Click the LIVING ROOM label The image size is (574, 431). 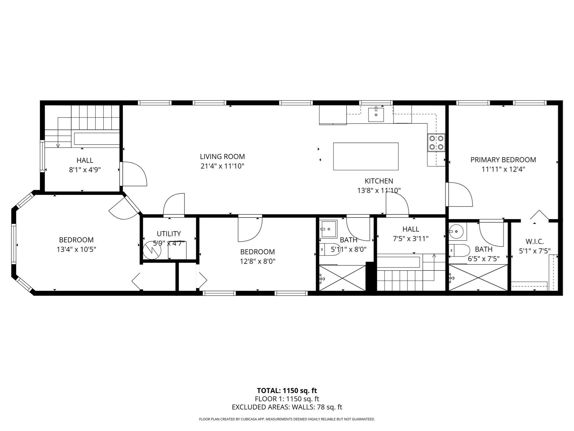pos(222,157)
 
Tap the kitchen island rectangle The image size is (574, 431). pos(365,156)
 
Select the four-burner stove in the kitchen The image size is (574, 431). pos(436,143)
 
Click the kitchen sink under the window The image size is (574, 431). pos(376,114)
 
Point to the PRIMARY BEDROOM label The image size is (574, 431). pos(503,160)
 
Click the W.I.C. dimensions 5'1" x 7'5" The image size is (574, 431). pos(534,251)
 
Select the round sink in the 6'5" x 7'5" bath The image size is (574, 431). pos(456,231)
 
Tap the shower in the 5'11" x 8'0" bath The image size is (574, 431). pos(342,278)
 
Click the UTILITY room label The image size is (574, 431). pos(169,233)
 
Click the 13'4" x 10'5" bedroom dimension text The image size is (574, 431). pos(76,249)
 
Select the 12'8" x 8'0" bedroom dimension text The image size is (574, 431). pos(257,261)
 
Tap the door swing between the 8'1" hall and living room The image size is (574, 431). pos(134,174)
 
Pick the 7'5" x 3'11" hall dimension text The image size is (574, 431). pos(411,239)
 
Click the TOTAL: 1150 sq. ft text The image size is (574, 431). pos(287,391)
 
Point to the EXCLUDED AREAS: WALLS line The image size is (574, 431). pos(287,407)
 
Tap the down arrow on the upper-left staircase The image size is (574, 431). pos(58,145)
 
